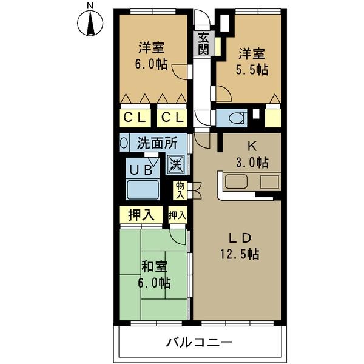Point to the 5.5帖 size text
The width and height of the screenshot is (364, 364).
(x=251, y=70)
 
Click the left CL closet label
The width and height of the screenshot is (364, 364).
(x=135, y=116)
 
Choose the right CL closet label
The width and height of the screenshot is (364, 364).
(x=172, y=116)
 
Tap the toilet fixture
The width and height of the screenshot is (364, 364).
(x=232, y=116)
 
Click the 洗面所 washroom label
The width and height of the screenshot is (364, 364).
(x=157, y=144)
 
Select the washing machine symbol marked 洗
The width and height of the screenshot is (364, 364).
(x=175, y=163)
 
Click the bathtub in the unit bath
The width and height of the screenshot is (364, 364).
(x=143, y=189)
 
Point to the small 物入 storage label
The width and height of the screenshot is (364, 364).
(x=180, y=189)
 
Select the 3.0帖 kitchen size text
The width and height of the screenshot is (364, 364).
(x=251, y=163)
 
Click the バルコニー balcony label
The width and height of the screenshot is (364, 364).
(x=199, y=343)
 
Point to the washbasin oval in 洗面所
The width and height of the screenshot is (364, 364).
(x=124, y=144)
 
